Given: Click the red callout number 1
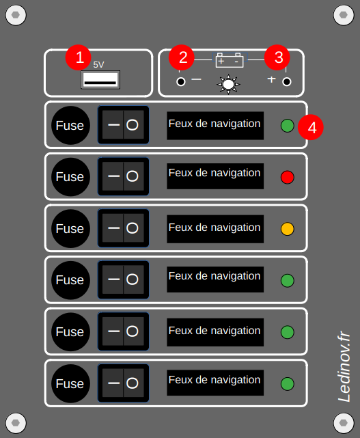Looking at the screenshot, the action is [x=79, y=57].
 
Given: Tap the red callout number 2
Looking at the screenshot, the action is [x=182, y=57].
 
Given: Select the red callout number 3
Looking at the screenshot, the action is [x=277, y=57].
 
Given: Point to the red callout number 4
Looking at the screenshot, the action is [x=311, y=127].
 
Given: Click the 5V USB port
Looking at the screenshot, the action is [x=100, y=80].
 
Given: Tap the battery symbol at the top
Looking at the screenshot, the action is [x=230, y=60].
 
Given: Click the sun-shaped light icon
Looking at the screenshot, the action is [x=228, y=84].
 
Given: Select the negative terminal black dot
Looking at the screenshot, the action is [x=181, y=82].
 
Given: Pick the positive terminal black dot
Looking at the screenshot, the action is [x=287, y=82].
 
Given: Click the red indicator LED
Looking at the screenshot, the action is [x=288, y=178].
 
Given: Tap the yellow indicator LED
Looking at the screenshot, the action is [x=288, y=229].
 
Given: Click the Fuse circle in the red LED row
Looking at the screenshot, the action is [x=70, y=177].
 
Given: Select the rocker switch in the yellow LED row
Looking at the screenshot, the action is [x=123, y=228].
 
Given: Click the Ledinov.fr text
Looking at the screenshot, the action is [x=344, y=366].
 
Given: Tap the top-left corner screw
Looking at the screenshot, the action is [x=16, y=15].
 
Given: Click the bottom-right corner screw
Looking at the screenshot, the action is [x=344, y=423].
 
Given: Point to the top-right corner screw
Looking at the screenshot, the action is [x=344, y=15].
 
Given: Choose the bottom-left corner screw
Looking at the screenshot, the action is [x=16, y=423].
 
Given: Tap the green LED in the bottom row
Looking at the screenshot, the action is [x=288, y=384].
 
